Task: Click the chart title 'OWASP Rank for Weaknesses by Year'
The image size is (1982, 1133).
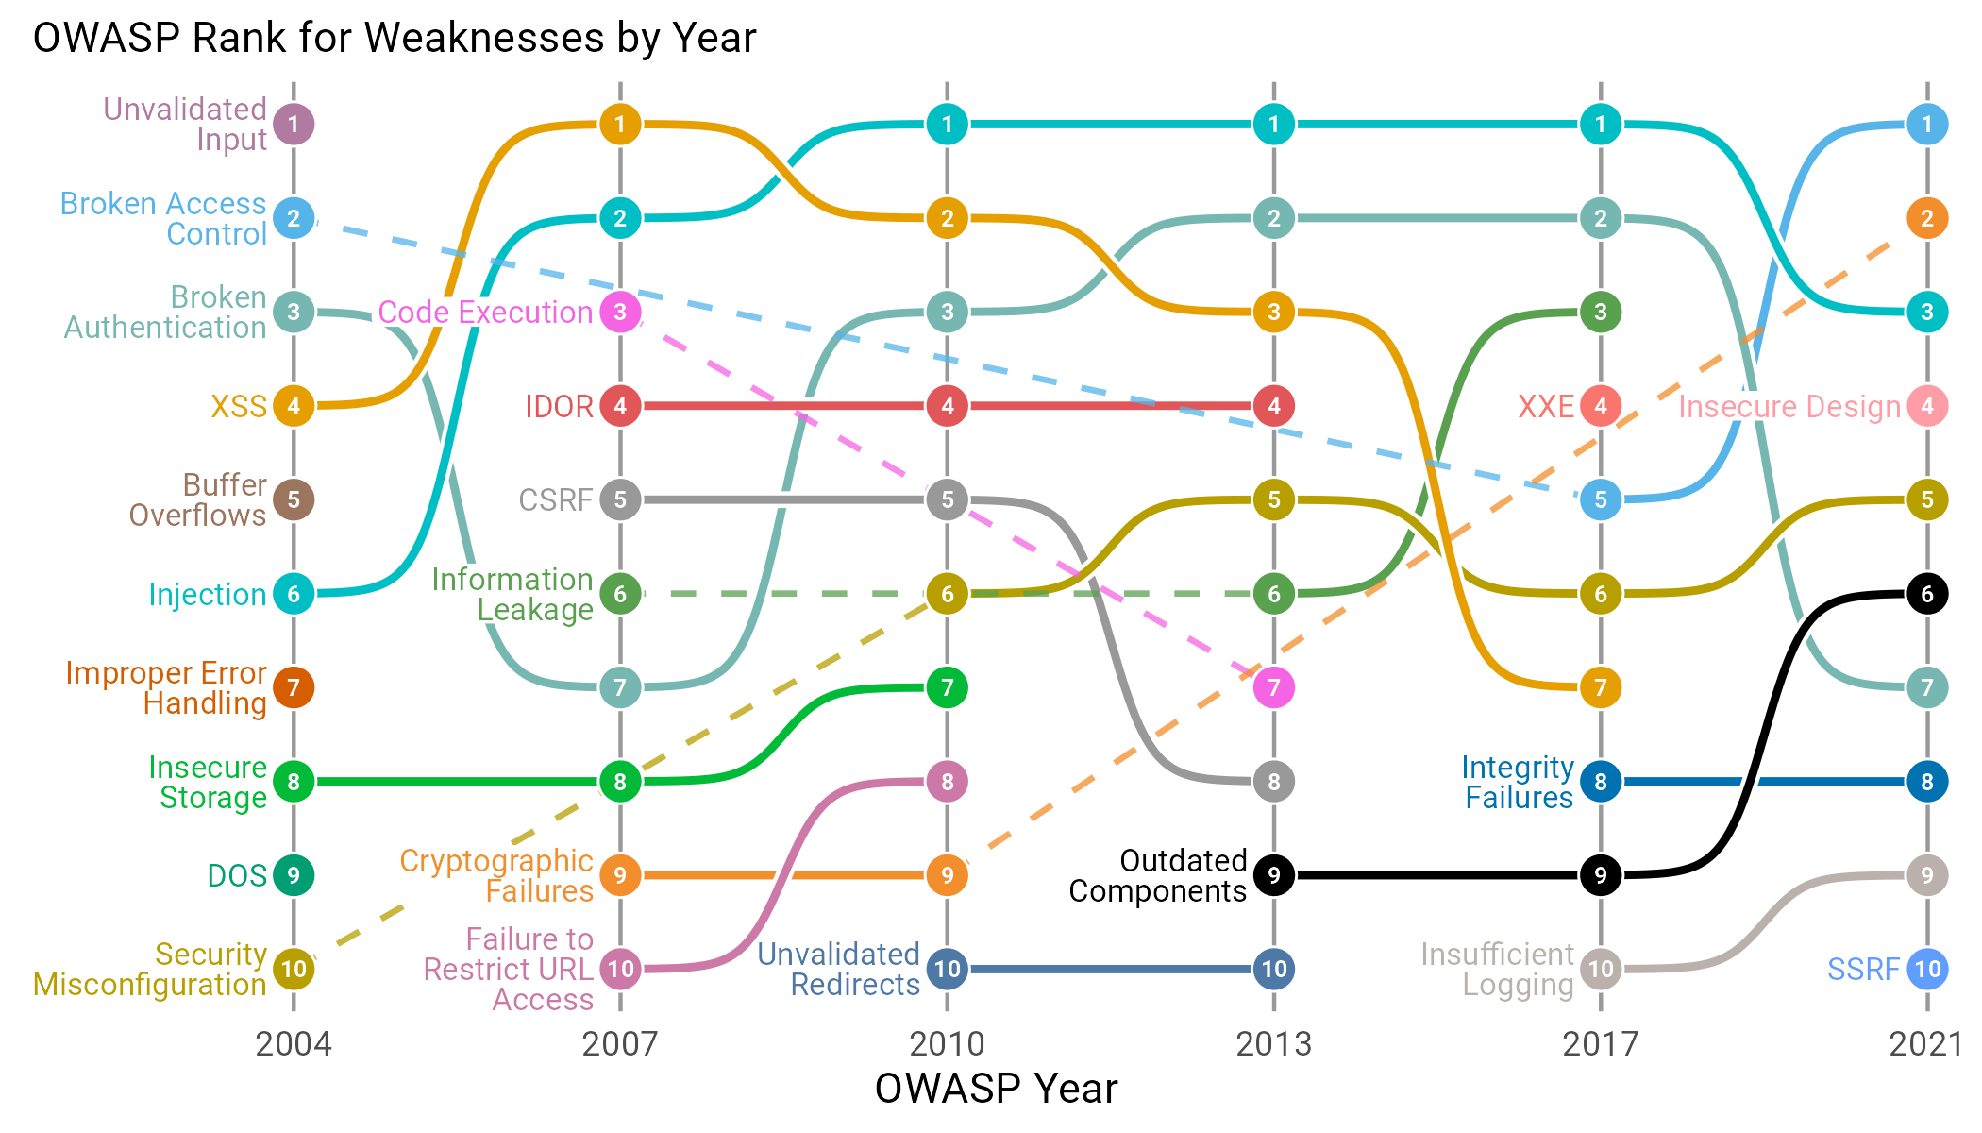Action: (x=395, y=39)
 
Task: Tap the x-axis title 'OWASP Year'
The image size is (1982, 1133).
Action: (x=996, y=1089)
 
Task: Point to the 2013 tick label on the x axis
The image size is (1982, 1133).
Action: (x=1274, y=1044)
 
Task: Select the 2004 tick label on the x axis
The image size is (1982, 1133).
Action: (x=294, y=1044)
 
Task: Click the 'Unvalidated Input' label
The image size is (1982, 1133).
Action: (x=185, y=124)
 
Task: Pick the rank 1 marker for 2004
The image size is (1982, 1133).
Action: (x=294, y=124)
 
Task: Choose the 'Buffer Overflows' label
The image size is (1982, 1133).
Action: (x=197, y=499)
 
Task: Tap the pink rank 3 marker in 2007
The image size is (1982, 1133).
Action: (x=620, y=312)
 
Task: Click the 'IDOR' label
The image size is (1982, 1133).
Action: (x=559, y=406)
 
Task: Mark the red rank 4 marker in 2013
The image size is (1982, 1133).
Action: (x=1274, y=406)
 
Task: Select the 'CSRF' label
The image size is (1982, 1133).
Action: (x=556, y=499)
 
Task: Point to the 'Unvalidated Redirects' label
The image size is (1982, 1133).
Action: (x=839, y=969)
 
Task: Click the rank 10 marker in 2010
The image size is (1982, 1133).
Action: (x=947, y=969)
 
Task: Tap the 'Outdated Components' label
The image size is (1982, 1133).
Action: (x=1158, y=875)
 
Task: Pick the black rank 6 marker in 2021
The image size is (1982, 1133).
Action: (x=1927, y=594)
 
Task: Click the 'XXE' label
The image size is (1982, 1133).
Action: (x=1546, y=406)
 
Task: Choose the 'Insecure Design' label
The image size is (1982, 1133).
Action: (x=1789, y=406)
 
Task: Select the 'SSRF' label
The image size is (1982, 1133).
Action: (x=1863, y=969)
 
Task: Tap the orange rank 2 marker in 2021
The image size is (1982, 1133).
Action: (x=1927, y=218)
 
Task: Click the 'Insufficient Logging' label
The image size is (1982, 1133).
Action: (x=1498, y=969)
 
